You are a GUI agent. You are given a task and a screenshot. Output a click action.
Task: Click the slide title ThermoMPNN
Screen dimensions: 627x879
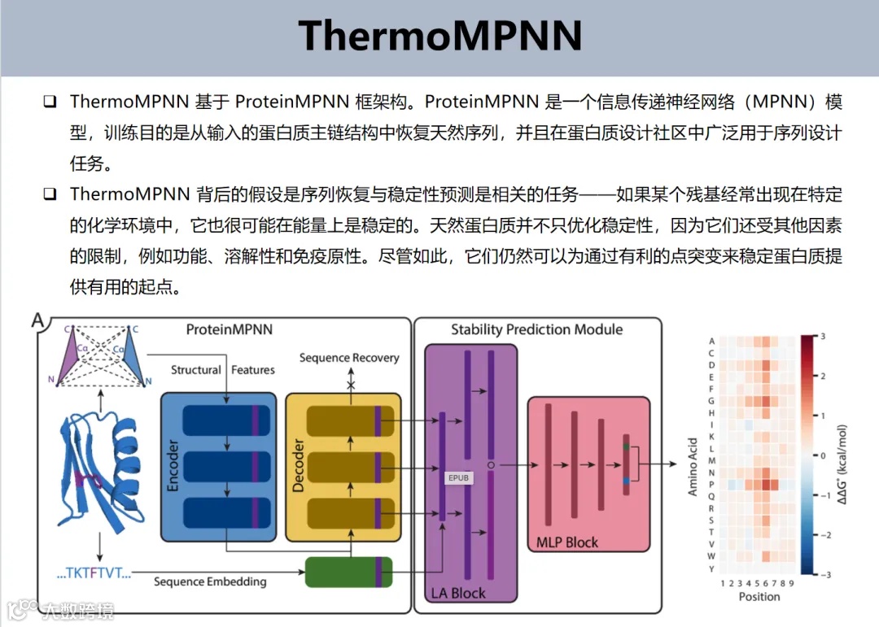439,36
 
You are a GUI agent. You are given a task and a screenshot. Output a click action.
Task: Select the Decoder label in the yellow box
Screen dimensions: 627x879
298,467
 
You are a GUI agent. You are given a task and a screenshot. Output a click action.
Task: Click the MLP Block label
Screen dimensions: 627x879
567,542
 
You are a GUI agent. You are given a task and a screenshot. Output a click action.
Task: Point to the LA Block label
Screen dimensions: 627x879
457,593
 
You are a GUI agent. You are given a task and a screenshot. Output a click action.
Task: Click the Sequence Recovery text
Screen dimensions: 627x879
349,358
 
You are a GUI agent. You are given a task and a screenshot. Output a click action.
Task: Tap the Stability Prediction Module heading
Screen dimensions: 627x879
537,329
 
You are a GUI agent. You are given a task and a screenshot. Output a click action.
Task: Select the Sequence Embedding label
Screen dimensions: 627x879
210,581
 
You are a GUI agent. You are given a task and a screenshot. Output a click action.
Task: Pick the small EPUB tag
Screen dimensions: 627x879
458,477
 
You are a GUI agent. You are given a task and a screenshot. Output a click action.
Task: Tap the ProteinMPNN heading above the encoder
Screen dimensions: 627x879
230,329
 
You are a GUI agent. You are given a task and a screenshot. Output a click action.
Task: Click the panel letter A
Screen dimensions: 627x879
37,320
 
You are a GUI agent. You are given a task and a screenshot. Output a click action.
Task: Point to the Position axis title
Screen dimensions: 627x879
759,597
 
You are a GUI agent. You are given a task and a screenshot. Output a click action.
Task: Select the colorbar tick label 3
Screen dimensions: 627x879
824,335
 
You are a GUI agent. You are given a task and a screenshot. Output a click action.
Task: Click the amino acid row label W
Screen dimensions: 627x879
711,556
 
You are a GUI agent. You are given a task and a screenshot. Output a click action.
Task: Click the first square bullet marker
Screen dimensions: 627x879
50,102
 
